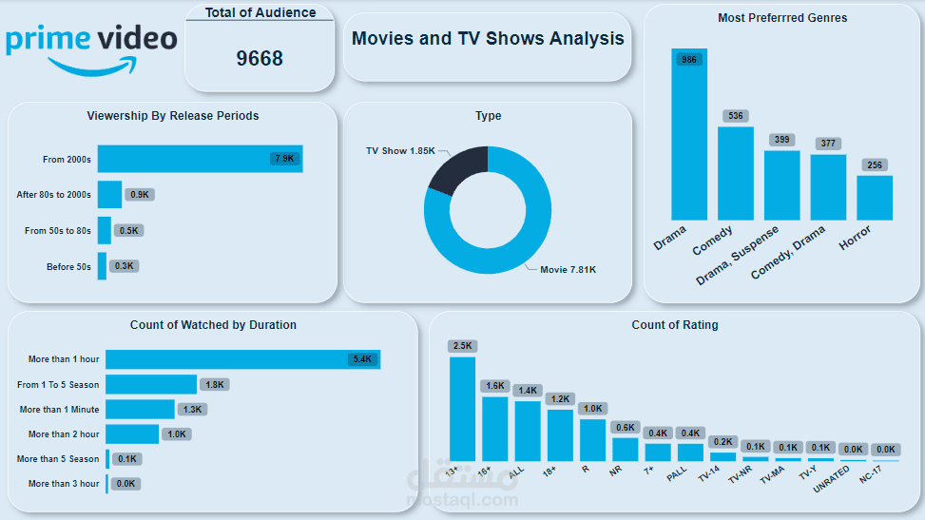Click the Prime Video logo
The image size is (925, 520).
91,48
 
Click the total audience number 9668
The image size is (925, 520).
260,59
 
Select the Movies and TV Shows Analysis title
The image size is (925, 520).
488,39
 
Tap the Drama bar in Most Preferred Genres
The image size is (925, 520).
689,138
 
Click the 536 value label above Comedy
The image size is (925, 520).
735,116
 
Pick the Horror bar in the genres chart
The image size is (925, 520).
874,198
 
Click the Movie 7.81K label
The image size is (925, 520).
568,270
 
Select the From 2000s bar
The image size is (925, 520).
200,159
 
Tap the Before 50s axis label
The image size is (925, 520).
68,267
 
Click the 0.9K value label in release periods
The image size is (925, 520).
140,195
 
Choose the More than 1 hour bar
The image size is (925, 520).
242,359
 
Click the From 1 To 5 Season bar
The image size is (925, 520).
151,384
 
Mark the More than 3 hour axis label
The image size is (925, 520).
64,484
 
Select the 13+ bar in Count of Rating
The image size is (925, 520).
462,409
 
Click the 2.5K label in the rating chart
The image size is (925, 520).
462,345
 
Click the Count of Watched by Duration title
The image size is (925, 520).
213,325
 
